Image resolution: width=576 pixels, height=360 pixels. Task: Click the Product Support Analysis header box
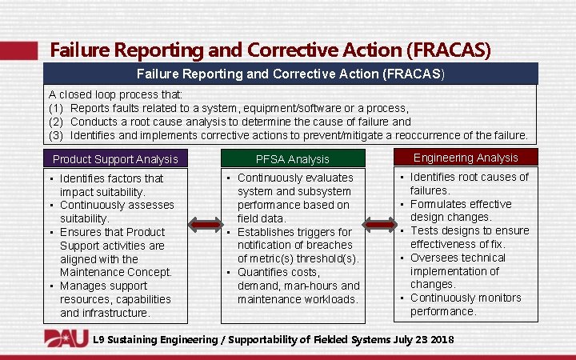(x=115, y=158)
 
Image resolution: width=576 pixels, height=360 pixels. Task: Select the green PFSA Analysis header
(x=292, y=158)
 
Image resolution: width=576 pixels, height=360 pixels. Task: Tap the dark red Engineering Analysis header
(x=466, y=158)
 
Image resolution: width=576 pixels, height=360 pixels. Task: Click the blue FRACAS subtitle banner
(x=292, y=74)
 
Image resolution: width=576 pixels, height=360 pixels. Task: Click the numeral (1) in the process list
(x=56, y=108)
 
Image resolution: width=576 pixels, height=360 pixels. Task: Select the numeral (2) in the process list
(x=56, y=122)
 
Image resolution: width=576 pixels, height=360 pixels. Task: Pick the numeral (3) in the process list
(x=56, y=135)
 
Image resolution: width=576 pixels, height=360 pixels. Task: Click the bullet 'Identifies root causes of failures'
(x=468, y=184)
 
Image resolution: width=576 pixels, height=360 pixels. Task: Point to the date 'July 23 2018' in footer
(x=423, y=340)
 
